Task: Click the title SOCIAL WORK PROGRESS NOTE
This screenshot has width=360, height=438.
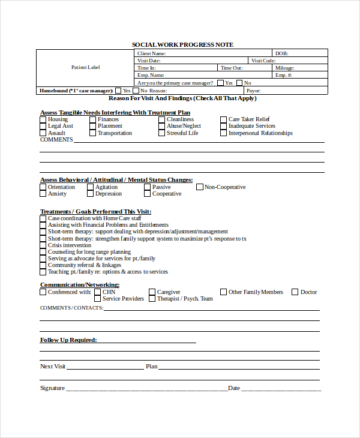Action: [182, 45]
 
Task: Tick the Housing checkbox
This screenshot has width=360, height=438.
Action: [43, 119]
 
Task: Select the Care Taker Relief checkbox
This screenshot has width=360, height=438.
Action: [223, 119]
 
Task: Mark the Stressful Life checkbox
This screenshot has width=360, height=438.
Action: [161, 133]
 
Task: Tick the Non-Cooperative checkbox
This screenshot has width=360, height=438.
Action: [200, 187]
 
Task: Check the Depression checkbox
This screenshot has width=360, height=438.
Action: [90, 194]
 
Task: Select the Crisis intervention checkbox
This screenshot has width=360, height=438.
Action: [43, 245]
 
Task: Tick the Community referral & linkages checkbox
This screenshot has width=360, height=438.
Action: [43, 265]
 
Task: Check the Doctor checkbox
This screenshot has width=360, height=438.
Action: [295, 292]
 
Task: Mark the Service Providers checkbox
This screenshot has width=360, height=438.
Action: [97, 299]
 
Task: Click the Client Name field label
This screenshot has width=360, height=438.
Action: [152, 53]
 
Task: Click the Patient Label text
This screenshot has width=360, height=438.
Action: [86, 67]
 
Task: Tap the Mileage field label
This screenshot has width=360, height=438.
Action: [285, 68]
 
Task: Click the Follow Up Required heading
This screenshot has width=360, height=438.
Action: [68, 340]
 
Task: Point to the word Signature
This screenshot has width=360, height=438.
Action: [52, 388]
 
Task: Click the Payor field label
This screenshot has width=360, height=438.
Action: [254, 91]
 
